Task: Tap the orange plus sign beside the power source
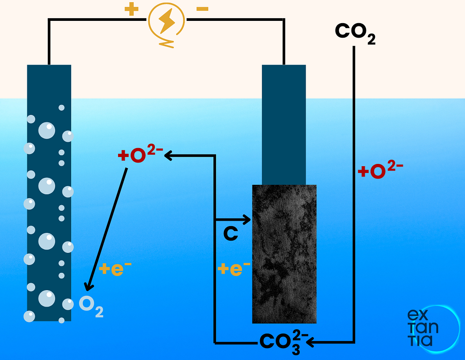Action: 131,9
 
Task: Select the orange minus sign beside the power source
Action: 202,9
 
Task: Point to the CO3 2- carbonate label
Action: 284,342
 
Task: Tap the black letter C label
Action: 231,233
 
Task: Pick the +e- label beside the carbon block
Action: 234,268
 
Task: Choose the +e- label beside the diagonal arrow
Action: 115,268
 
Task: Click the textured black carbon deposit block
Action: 284,254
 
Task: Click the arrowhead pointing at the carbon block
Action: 247,220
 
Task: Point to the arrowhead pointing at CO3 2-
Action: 310,342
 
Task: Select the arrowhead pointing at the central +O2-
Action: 168,155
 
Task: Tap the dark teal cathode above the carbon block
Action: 284,124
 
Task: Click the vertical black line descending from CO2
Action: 354,194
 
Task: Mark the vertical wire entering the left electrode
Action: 49,41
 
